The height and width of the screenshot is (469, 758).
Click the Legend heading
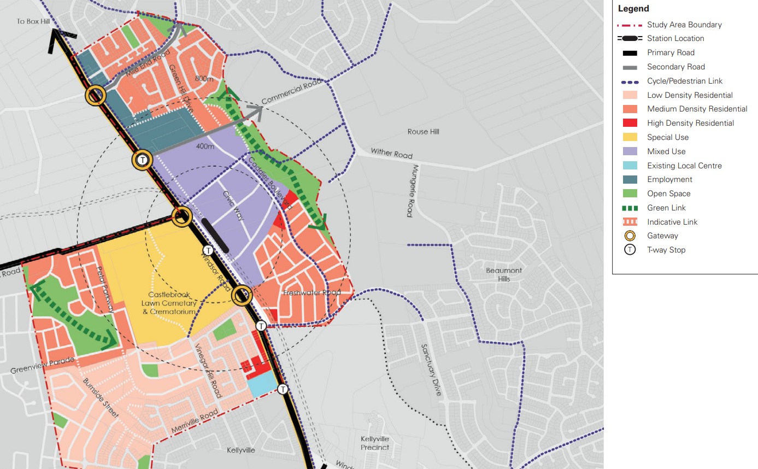point(633,9)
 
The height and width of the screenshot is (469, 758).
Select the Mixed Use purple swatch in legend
point(630,151)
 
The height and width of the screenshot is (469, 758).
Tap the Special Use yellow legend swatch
point(630,137)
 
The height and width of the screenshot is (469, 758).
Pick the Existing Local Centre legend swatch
point(630,166)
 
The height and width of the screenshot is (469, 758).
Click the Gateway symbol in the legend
point(630,236)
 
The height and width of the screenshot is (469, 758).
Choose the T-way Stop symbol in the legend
point(630,250)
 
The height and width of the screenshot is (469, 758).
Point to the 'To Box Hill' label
point(33,21)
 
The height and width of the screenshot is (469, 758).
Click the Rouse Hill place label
point(423,132)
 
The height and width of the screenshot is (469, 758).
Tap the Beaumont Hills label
point(504,274)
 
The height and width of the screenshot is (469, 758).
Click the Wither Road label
point(391,153)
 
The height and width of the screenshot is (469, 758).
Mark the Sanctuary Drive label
point(431,370)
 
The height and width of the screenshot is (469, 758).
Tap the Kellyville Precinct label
point(375,443)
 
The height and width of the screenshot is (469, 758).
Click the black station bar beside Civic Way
point(215,235)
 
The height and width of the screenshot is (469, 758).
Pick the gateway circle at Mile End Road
point(95,96)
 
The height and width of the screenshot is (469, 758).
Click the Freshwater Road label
point(312,293)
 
